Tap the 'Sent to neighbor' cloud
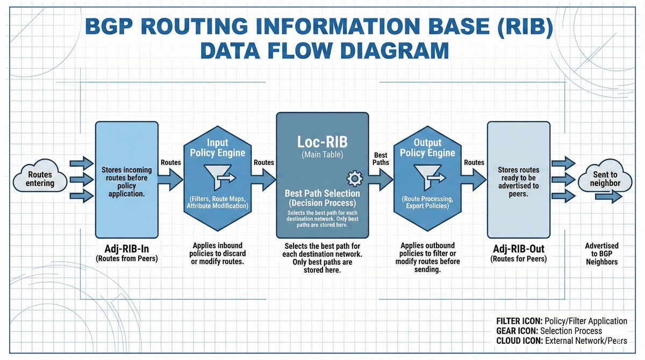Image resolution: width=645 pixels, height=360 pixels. coord(605,179)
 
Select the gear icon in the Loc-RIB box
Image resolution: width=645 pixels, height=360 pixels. coord(354,178)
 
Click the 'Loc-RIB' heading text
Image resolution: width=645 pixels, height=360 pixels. coord(322,142)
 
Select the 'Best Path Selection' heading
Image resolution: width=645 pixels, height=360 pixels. coord(322,193)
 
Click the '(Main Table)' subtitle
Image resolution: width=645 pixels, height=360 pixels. coord(322,156)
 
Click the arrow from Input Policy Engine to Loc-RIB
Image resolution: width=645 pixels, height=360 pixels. coord(264,179)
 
